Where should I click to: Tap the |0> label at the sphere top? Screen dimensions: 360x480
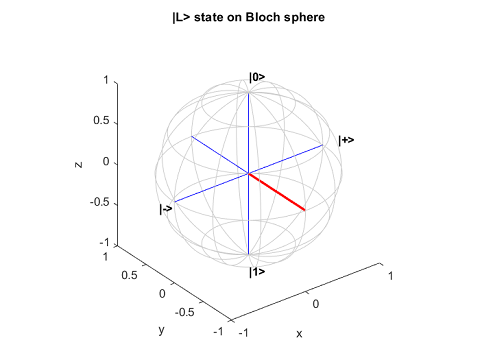[x=257, y=77]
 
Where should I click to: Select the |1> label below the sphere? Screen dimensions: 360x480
[x=257, y=271]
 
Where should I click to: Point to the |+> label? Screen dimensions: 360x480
[x=346, y=140]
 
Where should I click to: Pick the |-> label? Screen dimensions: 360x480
[x=166, y=209]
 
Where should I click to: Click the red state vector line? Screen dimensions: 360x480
[x=277, y=192]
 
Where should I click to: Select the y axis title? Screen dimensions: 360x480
[x=158, y=329]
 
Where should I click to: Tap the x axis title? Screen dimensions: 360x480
[x=326, y=332]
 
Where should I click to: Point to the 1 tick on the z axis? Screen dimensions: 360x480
[x=107, y=80]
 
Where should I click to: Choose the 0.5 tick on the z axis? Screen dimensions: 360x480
[x=101, y=121]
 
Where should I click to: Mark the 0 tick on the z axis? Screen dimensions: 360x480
[x=107, y=162]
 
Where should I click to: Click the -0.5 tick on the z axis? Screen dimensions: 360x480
[x=99, y=203]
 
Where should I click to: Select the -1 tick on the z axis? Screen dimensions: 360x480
[x=104, y=243]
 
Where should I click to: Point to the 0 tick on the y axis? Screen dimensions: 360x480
[x=163, y=293]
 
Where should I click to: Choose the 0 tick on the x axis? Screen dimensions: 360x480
[x=316, y=303]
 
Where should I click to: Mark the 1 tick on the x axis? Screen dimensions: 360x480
[x=391, y=273]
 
